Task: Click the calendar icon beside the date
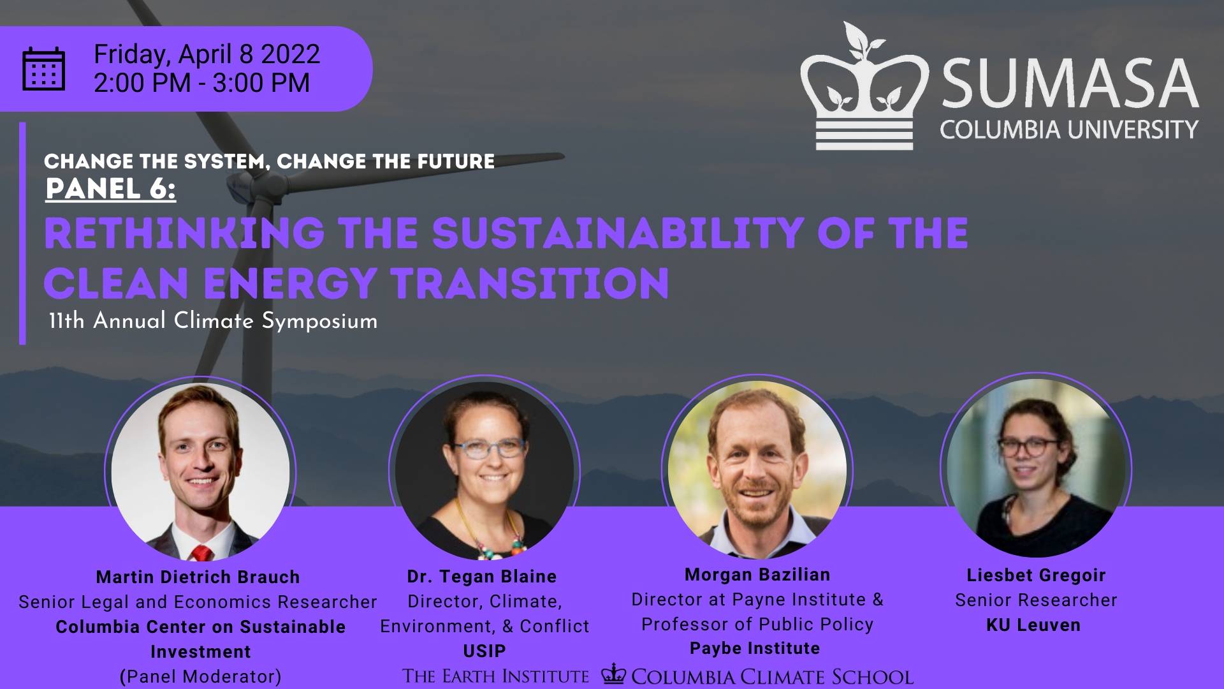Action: click(43, 69)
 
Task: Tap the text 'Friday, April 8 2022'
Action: click(207, 54)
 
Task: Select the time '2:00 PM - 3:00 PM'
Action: click(201, 83)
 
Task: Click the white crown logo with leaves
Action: click(864, 89)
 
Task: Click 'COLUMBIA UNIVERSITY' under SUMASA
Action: click(1068, 130)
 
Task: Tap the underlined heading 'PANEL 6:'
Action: click(110, 189)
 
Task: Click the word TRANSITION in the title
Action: click(530, 284)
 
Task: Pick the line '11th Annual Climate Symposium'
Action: click(213, 321)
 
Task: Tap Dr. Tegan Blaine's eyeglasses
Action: click(490, 448)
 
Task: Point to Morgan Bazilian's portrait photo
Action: click(757, 470)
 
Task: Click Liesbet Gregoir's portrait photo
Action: click(1036, 468)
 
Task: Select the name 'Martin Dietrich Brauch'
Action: click(198, 577)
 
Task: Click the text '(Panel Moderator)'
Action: click(200, 676)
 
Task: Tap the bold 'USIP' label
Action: click(484, 651)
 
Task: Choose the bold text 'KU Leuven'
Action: click(1033, 625)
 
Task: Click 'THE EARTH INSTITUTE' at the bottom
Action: click(495, 676)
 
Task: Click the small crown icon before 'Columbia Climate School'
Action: click(614, 674)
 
